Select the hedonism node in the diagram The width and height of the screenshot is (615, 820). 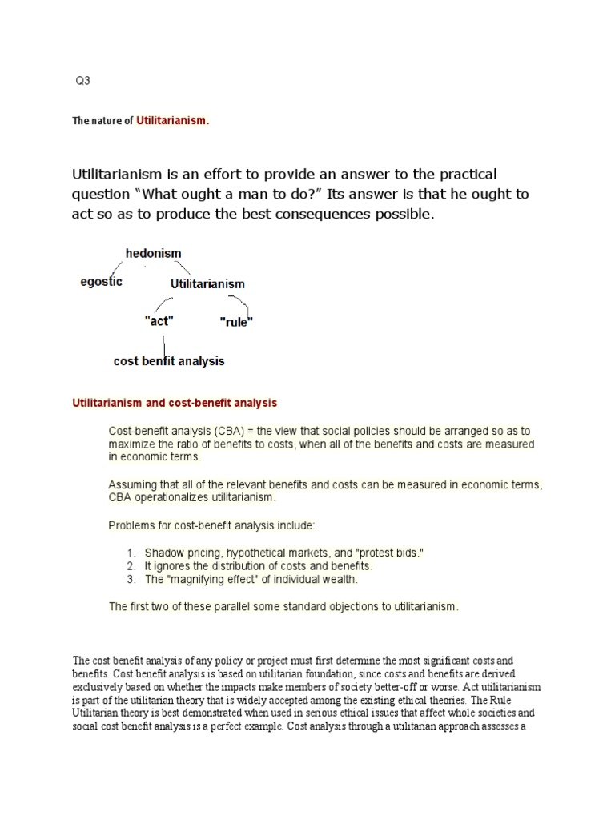[x=153, y=254]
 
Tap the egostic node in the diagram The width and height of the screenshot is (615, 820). [x=101, y=282]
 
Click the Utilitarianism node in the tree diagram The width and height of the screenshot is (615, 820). [x=207, y=283]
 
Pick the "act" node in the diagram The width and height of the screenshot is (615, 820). [x=158, y=320]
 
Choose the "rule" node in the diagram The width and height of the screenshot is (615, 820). [x=236, y=322]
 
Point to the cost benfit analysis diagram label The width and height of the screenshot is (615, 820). [x=169, y=361]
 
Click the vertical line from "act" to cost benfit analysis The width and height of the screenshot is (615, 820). [x=164, y=342]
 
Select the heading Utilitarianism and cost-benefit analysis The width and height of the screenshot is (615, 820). [x=175, y=403]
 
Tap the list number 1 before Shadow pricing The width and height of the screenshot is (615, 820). [x=131, y=553]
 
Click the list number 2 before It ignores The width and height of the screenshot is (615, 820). [x=131, y=566]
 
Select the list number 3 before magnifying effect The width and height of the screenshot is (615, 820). [x=131, y=579]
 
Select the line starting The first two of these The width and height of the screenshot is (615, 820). [x=283, y=606]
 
